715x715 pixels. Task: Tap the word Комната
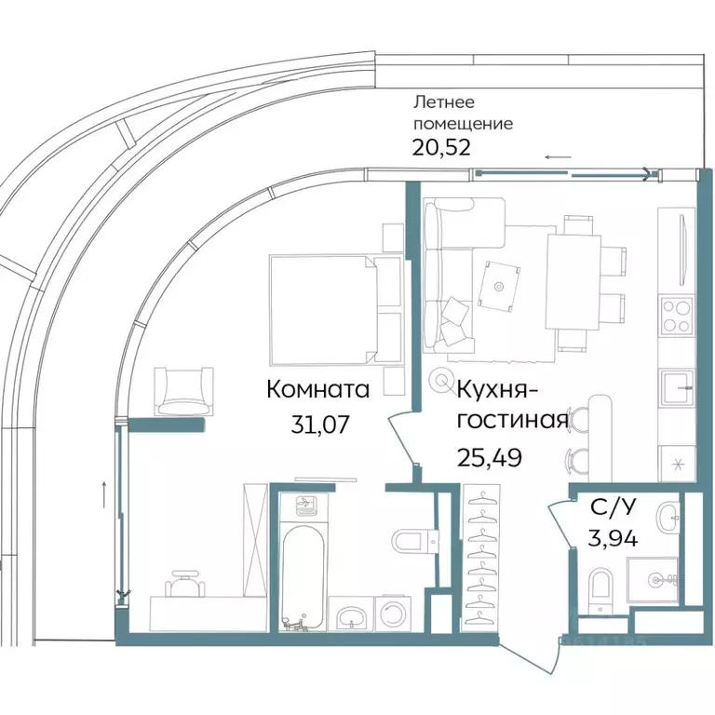(318, 388)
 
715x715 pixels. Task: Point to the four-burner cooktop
(676, 318)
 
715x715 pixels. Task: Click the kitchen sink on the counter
(676, 383)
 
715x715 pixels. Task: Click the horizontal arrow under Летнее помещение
(559, 157)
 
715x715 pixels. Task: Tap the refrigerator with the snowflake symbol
(676, 463)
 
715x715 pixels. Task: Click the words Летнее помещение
(463, 114)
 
